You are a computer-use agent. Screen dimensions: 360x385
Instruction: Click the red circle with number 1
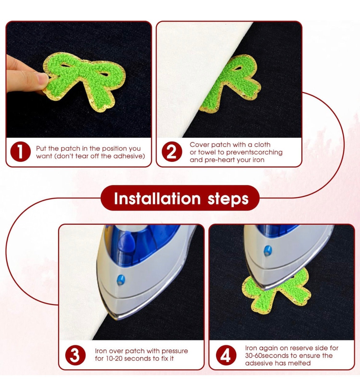[20, 152]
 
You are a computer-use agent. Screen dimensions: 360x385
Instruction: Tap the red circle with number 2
[172, 152]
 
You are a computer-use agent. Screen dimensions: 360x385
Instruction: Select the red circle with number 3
[75, 355]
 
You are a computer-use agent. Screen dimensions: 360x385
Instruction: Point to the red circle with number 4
[226, 355]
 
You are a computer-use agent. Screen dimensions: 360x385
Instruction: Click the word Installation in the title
[157, 198]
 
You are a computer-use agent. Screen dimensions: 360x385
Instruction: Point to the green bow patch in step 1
[84, 81]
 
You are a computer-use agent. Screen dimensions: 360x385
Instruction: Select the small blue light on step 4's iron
[268, 251]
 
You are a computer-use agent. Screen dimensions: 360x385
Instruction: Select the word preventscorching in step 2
[254, 152]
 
